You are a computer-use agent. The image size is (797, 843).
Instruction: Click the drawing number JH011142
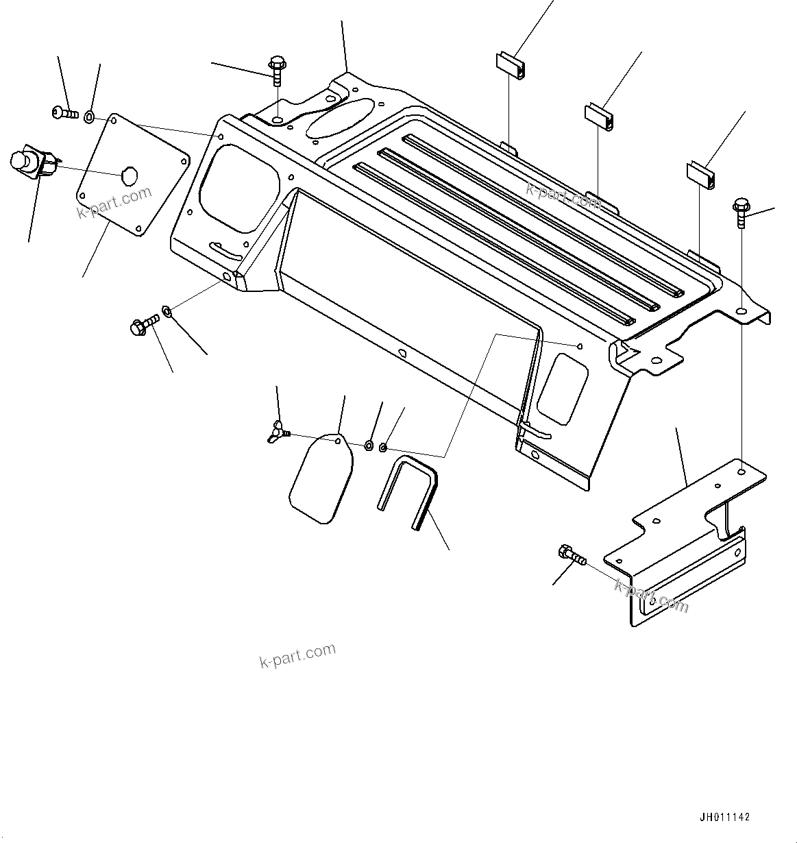click(x=724, y=817)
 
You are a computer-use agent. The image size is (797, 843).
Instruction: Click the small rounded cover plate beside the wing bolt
click(x=321, y=477)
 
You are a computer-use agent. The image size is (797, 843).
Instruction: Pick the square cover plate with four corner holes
click(x=132, y=175)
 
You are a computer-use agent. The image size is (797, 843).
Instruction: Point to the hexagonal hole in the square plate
click(x=127, y=176)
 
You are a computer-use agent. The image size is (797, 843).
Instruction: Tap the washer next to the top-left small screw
click(x=90, y=117)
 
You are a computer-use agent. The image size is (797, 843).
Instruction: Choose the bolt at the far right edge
click(x=741, y=212)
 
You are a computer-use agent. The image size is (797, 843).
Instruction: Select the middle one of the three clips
click(x=599, y=115)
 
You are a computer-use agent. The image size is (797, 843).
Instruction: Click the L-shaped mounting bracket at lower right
click(x=685, y=535)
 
